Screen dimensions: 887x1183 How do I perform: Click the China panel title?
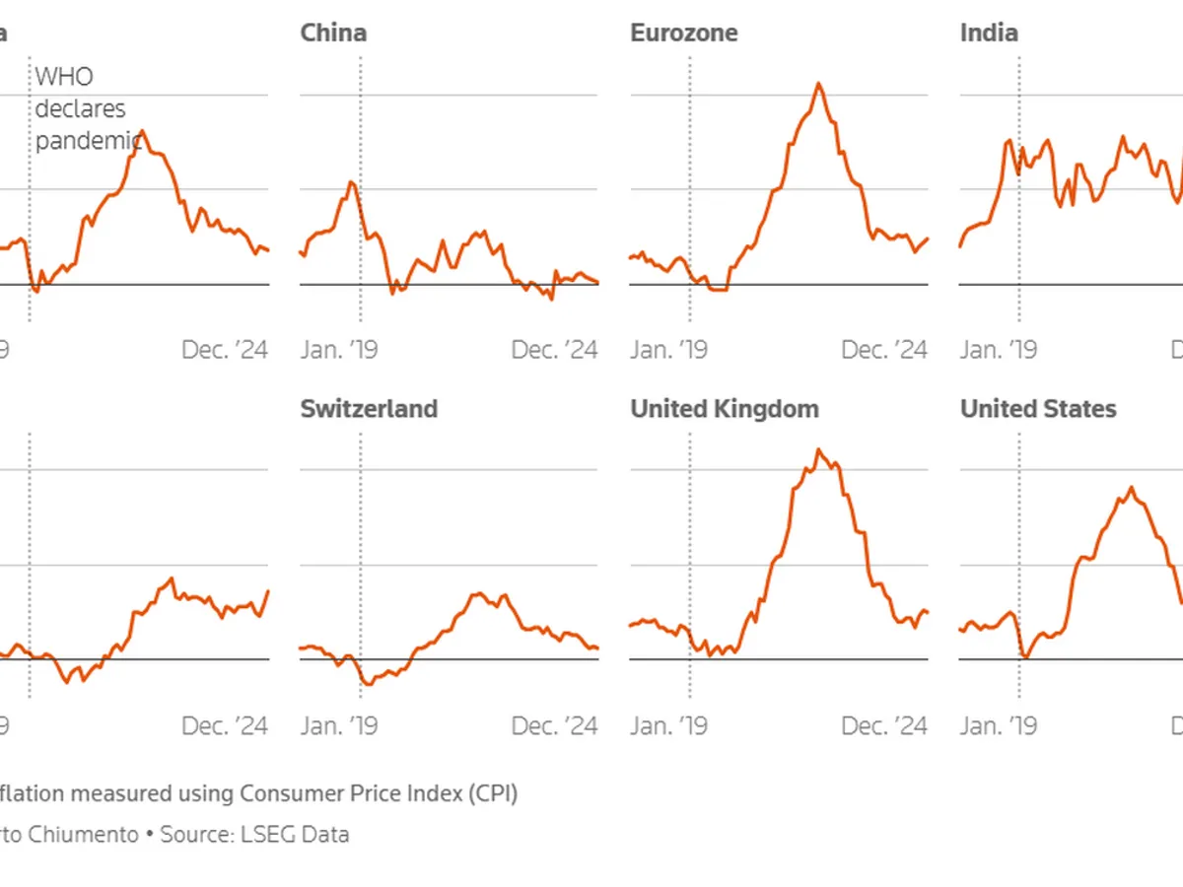(x=333, y=33)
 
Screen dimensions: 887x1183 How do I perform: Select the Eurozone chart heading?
(x=683, y=33)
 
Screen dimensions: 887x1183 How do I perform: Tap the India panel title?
(x=989, y=33)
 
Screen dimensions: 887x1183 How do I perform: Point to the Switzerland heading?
(x=369, y=409)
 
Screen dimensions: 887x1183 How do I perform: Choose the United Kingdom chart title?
(x=725, y=409)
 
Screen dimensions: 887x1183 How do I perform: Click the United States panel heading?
(x=1038, y=409)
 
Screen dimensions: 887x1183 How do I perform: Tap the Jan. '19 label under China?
(x=338, y=350)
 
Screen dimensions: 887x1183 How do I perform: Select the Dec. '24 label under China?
(x=555, y=350)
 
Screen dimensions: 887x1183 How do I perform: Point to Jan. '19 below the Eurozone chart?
(x=668, y=350)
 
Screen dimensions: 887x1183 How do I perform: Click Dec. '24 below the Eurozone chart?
(x=884, y=350)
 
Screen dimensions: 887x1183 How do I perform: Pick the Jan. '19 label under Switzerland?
(x=338, y=726)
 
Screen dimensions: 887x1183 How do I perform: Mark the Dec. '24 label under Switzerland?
(x=555, y=726)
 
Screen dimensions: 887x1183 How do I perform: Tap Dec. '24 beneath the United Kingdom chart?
(x=884, y=726)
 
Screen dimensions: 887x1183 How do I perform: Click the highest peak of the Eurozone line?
(x=818, y=84)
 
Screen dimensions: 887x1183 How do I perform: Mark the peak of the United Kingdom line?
(x=817, y=450)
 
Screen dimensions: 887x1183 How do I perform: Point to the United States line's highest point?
(x=1131, y=488)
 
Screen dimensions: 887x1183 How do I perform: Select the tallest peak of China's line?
(x=351, y=182)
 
